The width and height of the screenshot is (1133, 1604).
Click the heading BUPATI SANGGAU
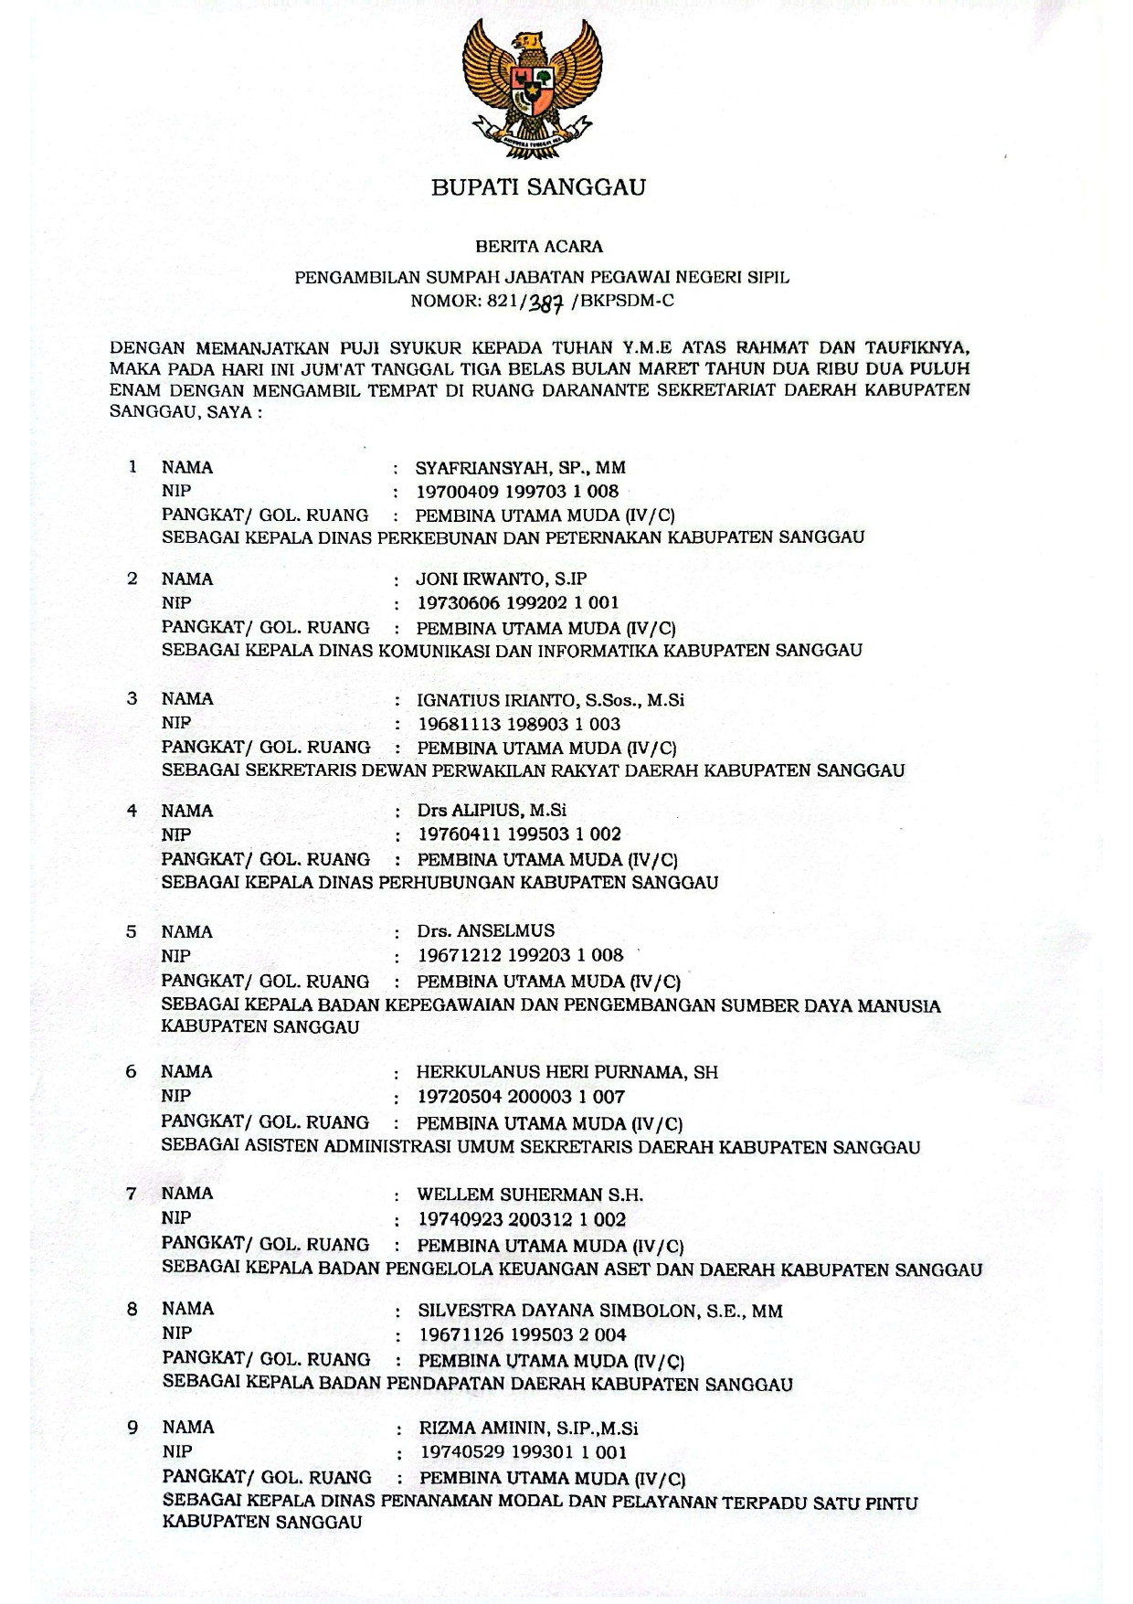tap(538, 187)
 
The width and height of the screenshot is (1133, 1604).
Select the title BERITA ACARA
tap(539, 246)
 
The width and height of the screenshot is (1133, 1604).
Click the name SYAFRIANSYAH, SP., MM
tap(521, 468)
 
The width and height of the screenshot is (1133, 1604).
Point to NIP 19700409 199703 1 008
tap(518, 491)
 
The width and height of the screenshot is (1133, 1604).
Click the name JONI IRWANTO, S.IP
tap(502, 579)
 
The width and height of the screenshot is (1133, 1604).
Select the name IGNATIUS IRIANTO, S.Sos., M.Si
tap(550, 700)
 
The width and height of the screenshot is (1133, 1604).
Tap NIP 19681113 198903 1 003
tap(519, 724)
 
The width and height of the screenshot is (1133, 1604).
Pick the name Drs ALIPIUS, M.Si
tap(492, 811)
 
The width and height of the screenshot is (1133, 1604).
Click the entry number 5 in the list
tap(132, 931)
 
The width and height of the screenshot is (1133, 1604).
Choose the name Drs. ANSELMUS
tap(485, 931)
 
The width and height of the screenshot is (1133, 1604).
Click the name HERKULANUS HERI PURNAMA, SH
tap(567, 1072)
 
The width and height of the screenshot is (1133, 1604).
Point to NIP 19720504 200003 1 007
tap(521, 1096)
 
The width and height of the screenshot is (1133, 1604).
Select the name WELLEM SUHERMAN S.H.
tap(530, 1195)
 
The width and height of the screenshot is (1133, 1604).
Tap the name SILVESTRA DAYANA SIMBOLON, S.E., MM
tap(600, 1311)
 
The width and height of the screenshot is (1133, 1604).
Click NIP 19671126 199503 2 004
tap(522, 1334)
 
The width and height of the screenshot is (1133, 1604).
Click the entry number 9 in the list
tap(132, 1427)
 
